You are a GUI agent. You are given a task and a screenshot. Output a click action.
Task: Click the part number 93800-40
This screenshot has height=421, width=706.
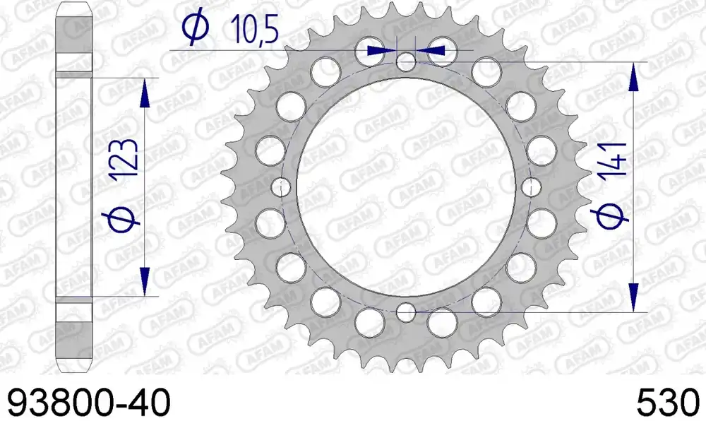(x=90, y=403)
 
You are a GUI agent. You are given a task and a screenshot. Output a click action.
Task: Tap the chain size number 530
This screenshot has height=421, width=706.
(x=669, y=403)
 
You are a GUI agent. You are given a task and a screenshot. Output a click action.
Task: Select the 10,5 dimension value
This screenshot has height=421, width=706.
(x=254, y=29)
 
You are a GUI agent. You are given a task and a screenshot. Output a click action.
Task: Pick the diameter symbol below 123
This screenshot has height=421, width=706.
(x=124, y=217)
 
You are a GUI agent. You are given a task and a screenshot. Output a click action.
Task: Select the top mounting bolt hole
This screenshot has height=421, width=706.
(x=406, y=61)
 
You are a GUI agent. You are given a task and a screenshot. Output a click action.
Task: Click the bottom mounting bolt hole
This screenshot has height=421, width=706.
(x=406, y=311)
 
